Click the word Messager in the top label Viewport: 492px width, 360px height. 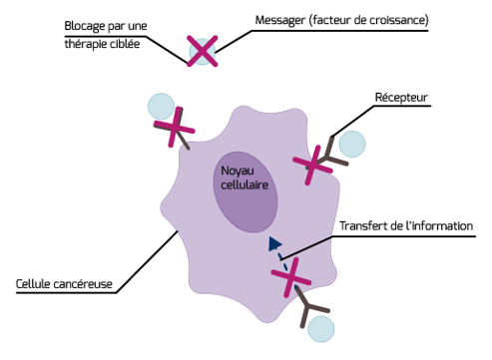[280, 21]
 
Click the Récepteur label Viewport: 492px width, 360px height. [401, 98]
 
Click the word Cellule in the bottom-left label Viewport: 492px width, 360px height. [32, 284]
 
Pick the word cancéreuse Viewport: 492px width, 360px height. [83, 284]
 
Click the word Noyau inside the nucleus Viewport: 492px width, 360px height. [238, 172]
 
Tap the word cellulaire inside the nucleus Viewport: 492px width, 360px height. [245, 184]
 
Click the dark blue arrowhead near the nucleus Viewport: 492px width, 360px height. [274, 243]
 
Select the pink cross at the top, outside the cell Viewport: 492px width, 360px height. [203, 51]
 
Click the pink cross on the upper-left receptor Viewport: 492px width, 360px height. [174, 127]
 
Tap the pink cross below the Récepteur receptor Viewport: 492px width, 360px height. [312, 165]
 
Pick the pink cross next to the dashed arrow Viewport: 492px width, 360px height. [291, 277]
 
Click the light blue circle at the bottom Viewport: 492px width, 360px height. [320, 329]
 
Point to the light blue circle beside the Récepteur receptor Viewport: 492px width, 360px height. [352, 144]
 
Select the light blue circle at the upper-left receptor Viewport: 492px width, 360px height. [161, 107]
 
